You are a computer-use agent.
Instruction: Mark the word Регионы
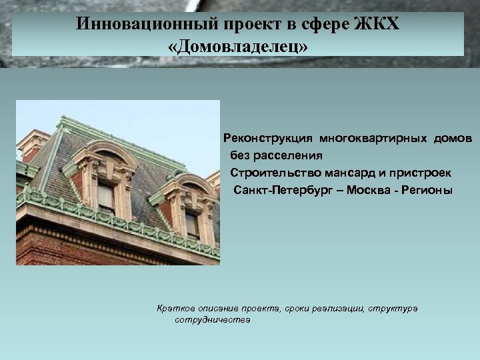(x=427, y=191)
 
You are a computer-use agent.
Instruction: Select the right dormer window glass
(x=192, y=225)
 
